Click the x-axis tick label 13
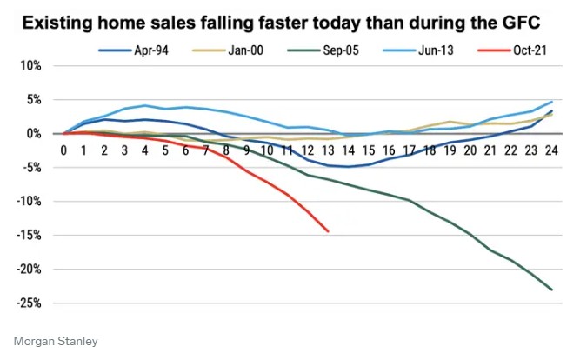click(328, 150)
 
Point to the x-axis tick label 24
click(551, 150)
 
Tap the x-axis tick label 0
click(63, 150)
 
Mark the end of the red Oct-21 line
click(328, 231)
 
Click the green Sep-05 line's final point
click(551, 290)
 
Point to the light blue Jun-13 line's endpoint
click(551, 102)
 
